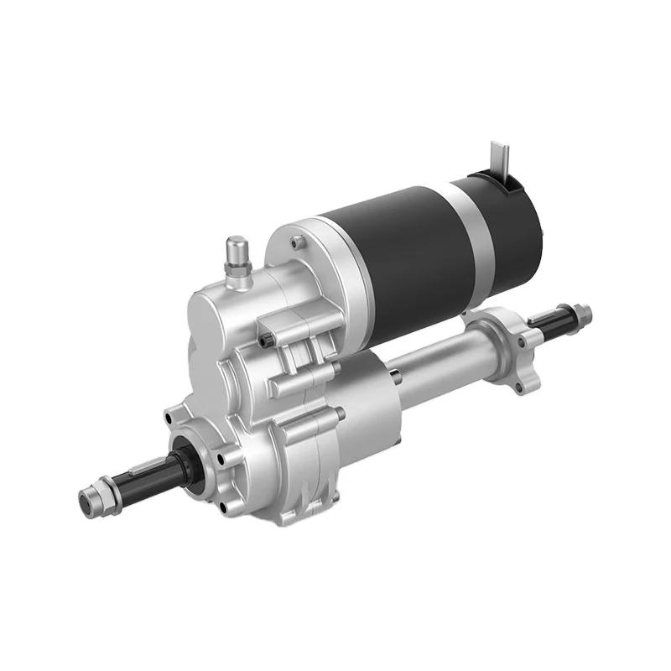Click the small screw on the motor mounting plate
coord(295,243)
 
